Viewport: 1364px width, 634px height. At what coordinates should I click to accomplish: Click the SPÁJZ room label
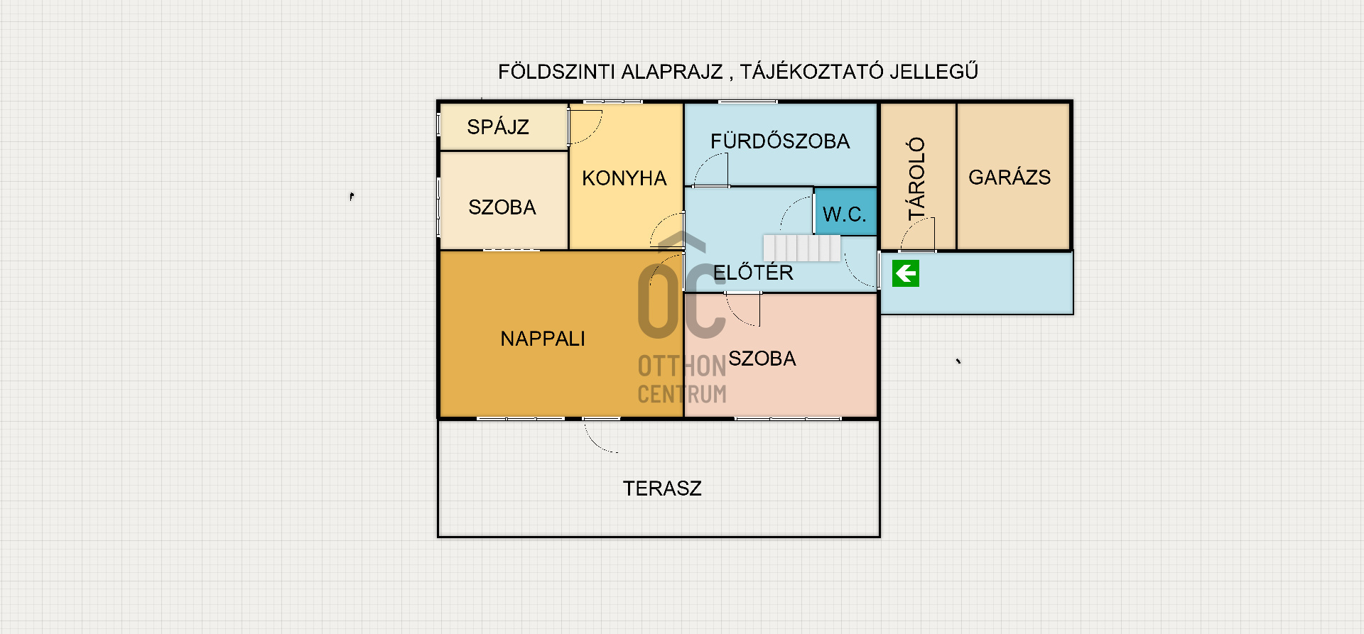498,126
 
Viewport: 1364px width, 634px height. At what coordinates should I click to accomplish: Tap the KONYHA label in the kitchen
624,178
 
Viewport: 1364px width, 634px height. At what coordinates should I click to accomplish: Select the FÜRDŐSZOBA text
780,141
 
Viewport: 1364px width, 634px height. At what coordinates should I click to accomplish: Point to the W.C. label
845,214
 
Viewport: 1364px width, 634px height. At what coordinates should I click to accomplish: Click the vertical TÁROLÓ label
917,178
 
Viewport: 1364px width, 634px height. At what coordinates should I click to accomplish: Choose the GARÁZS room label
1010,177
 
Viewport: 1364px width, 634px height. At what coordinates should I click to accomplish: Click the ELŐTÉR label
753,272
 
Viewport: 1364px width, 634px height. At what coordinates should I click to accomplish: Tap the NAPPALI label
543,339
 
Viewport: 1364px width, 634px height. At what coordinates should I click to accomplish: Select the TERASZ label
662,488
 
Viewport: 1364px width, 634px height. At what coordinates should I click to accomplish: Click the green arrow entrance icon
906,273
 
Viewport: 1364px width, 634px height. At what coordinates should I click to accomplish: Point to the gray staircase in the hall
802,248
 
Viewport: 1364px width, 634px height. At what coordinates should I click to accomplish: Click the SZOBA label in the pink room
762,359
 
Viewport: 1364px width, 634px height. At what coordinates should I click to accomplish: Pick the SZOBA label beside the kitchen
502,207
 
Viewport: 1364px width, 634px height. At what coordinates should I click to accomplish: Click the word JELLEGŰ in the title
934,71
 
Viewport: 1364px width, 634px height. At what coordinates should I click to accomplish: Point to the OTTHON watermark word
682,366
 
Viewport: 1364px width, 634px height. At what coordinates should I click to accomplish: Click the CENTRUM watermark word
682,394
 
